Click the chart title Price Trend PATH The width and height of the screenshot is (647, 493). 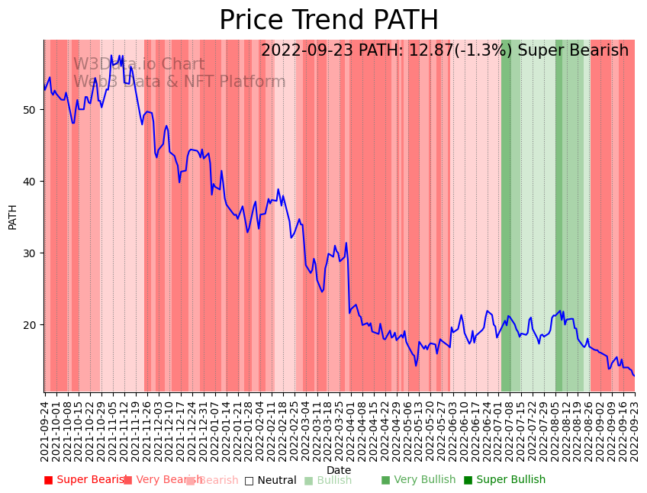pos(329,21)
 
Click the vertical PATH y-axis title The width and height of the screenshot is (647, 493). pos(12,217)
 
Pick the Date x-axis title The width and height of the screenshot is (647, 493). pos(339,470)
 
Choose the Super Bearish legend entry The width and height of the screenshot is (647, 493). pos(84,480)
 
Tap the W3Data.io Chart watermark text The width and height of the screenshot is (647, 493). pos(139,65)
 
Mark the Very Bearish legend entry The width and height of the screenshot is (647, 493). pos(163,480)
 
